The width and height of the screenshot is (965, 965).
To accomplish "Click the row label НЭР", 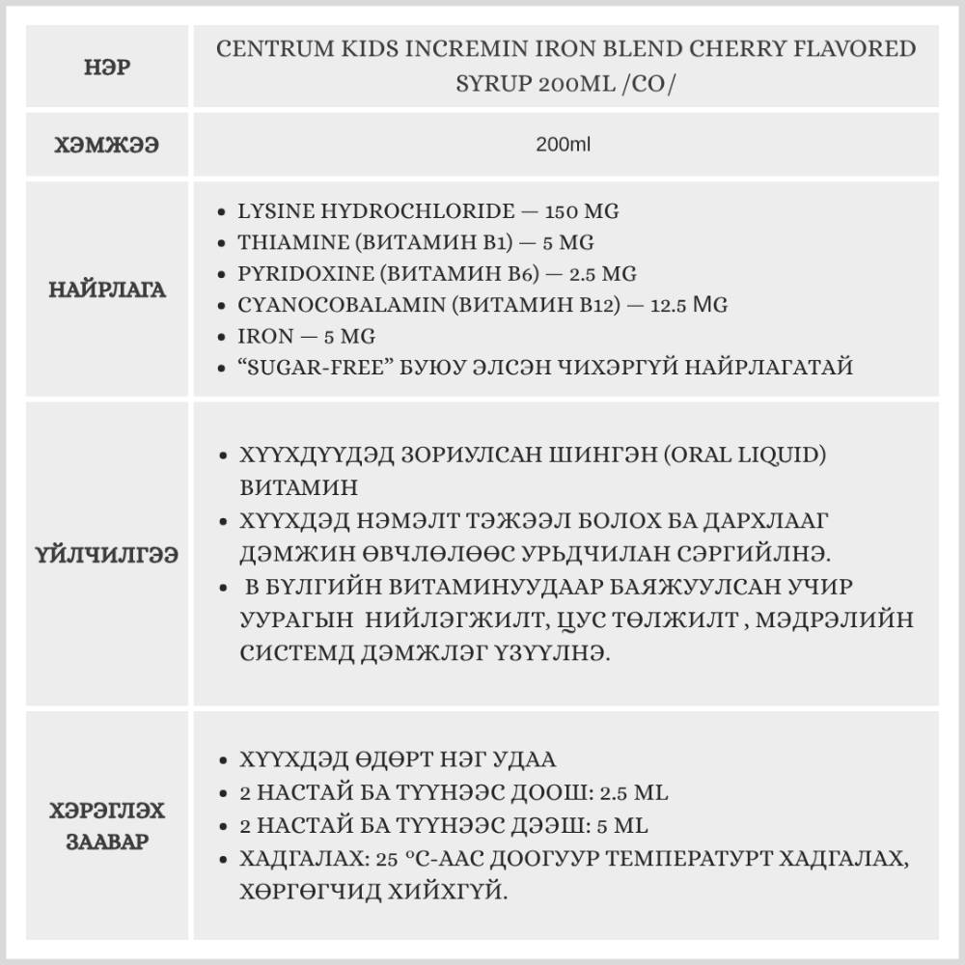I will coord(107,69).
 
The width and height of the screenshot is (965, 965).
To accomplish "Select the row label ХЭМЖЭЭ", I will coord(107,146).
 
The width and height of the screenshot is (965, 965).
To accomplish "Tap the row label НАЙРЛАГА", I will coord(107,289).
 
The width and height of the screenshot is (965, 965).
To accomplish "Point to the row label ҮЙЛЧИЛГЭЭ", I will coord(107,556).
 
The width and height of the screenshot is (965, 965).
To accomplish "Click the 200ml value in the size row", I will coord(563,146).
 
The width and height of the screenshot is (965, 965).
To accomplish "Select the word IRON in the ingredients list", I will coord(260,337).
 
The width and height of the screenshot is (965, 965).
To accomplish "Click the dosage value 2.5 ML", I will coord(634,793).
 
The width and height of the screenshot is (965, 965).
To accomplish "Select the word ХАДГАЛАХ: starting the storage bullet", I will coord(289,859).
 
